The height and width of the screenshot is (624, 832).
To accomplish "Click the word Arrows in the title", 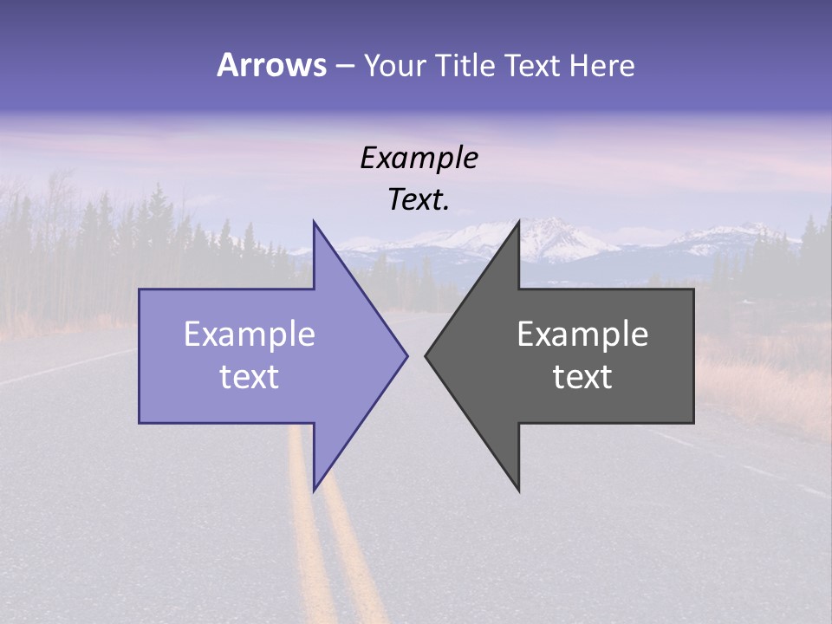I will pos(270,65).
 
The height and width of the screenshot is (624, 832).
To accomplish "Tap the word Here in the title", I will pos(601,65).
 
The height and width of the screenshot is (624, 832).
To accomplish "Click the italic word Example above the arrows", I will pos(419,159).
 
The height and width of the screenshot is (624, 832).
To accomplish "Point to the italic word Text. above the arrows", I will pos(419,200).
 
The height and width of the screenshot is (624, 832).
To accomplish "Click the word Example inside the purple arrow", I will pos(249,335).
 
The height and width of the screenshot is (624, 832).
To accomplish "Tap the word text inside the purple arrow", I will pos(249,377).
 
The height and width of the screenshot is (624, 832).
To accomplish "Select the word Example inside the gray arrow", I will pos(582,335).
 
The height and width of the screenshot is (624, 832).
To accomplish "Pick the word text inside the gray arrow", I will pos(582,377).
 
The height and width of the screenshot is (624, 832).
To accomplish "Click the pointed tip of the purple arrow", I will pos(406,355).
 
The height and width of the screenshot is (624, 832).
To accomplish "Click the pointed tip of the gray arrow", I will pos(426,355).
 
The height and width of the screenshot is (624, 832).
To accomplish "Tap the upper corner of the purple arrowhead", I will pos(314,223).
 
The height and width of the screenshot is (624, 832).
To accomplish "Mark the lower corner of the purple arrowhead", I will pos(314,489).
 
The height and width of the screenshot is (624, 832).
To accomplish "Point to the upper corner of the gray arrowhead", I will pos(519,223).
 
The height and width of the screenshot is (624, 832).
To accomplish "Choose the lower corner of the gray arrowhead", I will pos(519,491).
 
